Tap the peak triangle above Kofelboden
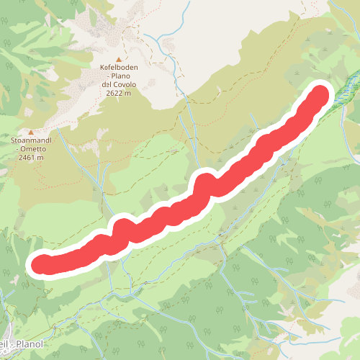point(120,58)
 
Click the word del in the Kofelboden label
point(107,84)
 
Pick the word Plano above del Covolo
point(123,76)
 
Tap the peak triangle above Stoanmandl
point(32,131)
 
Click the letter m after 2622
point(128,93)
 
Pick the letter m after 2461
point(41,157)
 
